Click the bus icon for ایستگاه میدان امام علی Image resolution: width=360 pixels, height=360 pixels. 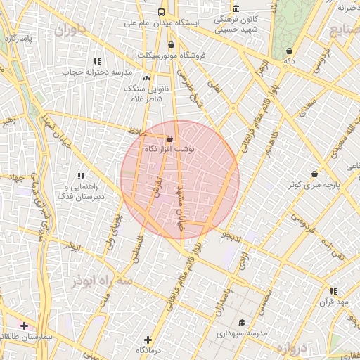(162, 12)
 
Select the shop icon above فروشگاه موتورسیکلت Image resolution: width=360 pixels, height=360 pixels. (171, 44)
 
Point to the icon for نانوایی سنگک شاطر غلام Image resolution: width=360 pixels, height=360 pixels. (147, 79)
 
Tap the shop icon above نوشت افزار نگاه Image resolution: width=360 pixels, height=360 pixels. (169, 139)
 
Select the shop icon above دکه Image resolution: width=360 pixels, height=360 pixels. (290, 51)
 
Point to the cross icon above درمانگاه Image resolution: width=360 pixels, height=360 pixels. (147, 340)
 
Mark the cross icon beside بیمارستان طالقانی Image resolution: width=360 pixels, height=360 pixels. (25, 326)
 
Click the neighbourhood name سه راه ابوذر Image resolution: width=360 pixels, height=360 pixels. (101, 281)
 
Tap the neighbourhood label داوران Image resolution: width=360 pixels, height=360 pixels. (70, 30)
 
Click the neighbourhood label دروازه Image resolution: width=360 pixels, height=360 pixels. (288, 347)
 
